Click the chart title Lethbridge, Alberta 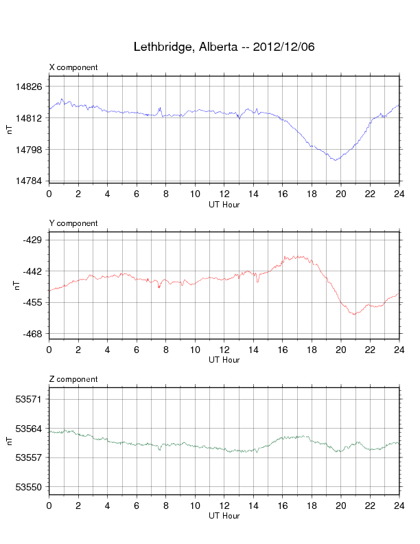pos(224,47)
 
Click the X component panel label pos(73,67)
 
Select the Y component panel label pos(73,223)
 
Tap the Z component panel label pos(73,379)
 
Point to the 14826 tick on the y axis pos(29,87)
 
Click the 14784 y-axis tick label pos(29,181)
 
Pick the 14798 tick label pos(29,150)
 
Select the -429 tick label pos(32,240)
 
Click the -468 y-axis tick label pos(32,334)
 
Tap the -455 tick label pos(32,302)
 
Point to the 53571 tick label pos(29,399)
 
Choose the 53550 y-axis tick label pos(29,487)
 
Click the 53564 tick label pos(29,429)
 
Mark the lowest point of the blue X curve pos(335,160)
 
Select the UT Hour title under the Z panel pos(224,516)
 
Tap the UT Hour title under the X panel pos(224,204)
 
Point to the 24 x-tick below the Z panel pos(399,506)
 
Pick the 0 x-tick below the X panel pos(49,194)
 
